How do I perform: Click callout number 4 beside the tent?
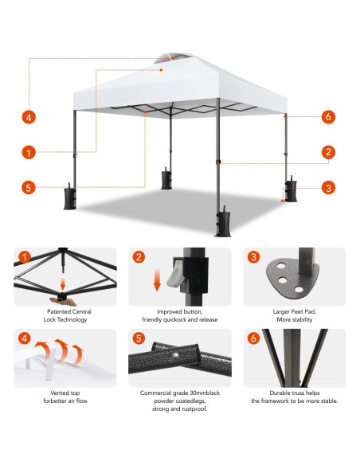(x=29, y=116)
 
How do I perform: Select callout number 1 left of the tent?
(x=29, y=152)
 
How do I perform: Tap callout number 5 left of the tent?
(x=29, y=188)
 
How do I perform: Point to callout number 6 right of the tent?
(x=327, y=116)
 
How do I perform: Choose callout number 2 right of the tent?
(x=327, y=152)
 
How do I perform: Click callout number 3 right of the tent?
(x=327, y=188)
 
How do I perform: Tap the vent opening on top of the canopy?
(x=163, y=58)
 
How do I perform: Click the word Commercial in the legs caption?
(x=157, y=393)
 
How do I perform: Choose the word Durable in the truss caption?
(x=268, y=393)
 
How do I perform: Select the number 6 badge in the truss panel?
(x=254, y=338)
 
